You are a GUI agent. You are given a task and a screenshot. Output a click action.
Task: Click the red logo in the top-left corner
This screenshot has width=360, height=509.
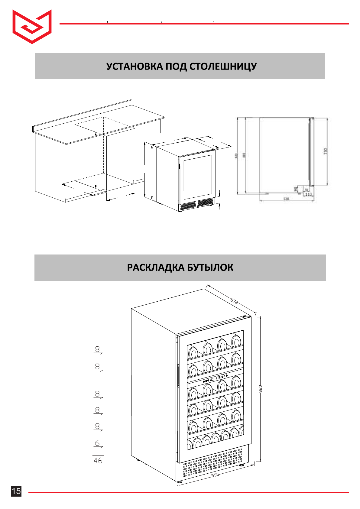(x=32, y=26)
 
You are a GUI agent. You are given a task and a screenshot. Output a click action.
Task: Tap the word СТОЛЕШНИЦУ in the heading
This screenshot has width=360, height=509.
(x=223, y=66)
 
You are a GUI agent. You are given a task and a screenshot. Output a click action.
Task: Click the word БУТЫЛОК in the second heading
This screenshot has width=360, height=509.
(x=210, y=267)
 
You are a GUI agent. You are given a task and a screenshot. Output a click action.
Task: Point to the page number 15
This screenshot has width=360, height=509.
(x=16, y=491)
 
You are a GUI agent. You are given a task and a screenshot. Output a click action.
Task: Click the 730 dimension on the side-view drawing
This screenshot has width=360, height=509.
(x=326, y=151)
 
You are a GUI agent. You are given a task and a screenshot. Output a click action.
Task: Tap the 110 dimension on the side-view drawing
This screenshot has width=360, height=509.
(x=308, y=194)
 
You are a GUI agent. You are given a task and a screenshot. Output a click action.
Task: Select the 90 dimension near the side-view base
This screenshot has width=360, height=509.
(x=295, y=189)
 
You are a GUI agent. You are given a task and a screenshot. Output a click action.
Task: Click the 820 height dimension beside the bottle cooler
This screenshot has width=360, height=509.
(x=260, y=389)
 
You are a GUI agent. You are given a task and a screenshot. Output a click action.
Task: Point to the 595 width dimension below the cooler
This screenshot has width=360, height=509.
(x=215, y=475)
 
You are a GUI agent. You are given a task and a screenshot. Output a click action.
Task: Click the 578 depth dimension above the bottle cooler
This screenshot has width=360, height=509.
(x=234, y=301)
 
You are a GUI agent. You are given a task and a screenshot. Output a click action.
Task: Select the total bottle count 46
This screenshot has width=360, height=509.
(x=98, y=460)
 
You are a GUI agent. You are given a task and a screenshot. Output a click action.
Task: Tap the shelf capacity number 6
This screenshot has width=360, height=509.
(x=97, y=443)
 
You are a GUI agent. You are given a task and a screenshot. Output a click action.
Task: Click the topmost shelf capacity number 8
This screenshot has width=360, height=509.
(x=97, y=349)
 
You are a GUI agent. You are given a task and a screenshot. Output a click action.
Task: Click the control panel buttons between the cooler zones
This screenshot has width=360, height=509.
(x=215, y=378)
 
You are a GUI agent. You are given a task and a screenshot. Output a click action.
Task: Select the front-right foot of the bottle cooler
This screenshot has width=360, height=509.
(x=242, y=465)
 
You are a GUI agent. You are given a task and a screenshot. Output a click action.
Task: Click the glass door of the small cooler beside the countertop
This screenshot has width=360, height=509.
(x=198, y=177)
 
